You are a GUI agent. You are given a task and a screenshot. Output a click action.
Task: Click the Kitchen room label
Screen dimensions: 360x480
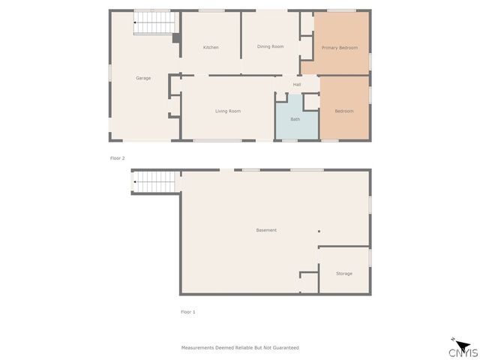click(x=211, y=47)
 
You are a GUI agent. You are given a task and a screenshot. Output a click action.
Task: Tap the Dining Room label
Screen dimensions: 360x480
click(x=270, y=46)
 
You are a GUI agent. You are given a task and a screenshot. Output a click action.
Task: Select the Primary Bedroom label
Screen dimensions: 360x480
click(x=339, y=47)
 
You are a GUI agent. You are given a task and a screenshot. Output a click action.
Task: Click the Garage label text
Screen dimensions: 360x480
click(x=142, y=78)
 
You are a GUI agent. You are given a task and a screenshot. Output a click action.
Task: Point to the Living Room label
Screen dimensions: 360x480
click(x=228, y=111)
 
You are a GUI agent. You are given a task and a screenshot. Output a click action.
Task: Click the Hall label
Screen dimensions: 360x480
click(x=297, y=84)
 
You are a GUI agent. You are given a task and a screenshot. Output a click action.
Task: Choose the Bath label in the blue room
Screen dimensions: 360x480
click(x=295, y=119)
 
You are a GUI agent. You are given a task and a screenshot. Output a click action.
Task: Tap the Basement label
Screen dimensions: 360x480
click(x=266, y=230)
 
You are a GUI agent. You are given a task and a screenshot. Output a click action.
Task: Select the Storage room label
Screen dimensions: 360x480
click(x=343, y=274)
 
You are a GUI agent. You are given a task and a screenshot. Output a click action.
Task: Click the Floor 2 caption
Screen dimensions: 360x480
click(x=117, y=158)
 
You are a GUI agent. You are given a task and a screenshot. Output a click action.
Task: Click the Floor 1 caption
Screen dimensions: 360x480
click(x=187, y=311)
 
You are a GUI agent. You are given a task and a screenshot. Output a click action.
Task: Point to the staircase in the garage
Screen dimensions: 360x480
click(x=154, y=24)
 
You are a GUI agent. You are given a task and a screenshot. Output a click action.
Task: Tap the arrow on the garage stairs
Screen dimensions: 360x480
click(x=136, y=24)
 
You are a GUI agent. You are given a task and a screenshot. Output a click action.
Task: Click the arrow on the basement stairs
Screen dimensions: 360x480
click(x=135, y=181)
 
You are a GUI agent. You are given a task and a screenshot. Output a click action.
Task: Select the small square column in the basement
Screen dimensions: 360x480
click(x=318, y=231)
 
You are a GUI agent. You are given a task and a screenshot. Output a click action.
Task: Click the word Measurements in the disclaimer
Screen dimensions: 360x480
click(x=199, y=348)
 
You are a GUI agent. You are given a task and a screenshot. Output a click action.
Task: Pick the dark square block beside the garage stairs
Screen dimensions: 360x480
click(x=176, y=37)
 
